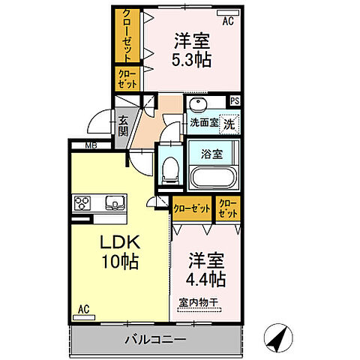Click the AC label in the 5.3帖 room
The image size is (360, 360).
coord(228,21)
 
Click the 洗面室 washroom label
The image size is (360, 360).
coord(202,123)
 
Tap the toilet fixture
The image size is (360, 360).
coord(169,170)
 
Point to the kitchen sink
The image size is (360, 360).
coord(116,202)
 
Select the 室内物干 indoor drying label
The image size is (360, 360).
coord(198,303)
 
